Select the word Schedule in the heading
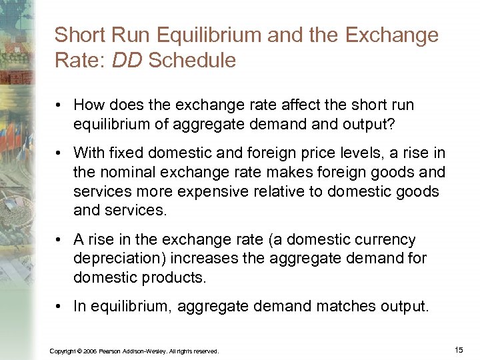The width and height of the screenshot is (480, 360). [193, 61]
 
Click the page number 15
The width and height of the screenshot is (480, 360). [458, 349]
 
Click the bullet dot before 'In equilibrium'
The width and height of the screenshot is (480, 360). [60, 306]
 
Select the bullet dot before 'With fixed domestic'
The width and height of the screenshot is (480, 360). [60, 153]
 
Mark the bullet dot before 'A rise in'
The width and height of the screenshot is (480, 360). [60, 239]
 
